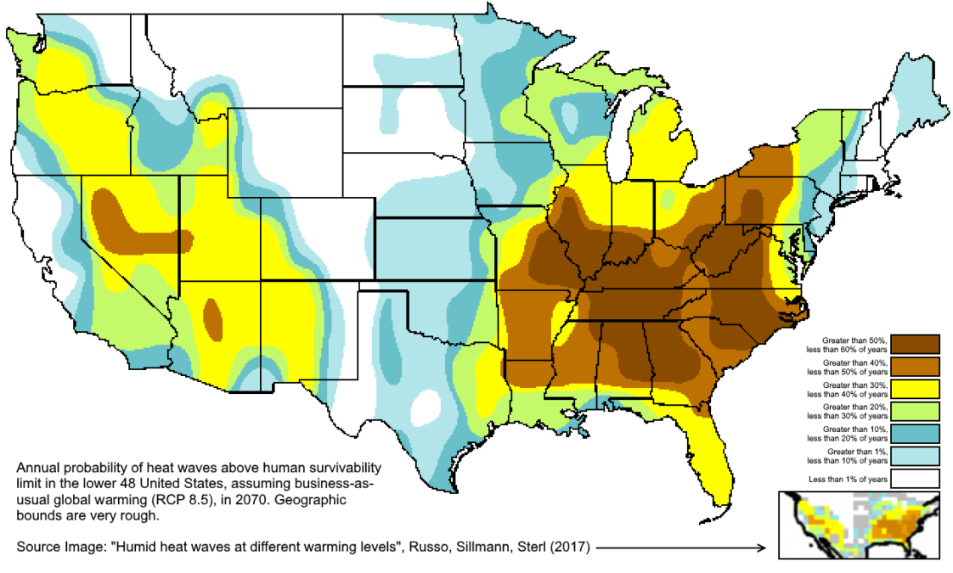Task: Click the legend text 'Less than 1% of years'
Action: tap(848, 480)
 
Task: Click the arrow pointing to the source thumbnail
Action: tap(680, 548)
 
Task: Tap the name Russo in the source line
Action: tap(418, 548)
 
